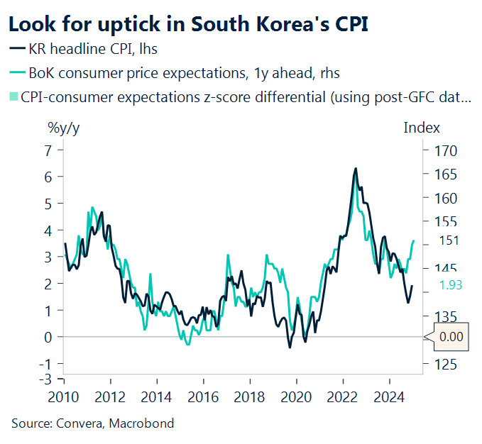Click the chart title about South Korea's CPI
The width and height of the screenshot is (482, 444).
click(188, 23)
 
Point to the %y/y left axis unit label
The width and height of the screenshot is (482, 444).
click(63, 128)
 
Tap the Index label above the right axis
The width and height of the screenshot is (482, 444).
click(422, 128)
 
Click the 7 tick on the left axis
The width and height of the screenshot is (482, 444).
click(49, 150)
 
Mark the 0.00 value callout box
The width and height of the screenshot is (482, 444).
click(451, 337)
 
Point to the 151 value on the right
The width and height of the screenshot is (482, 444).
click(449, 240)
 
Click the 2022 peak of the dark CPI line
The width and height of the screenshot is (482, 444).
click(355, 169)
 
